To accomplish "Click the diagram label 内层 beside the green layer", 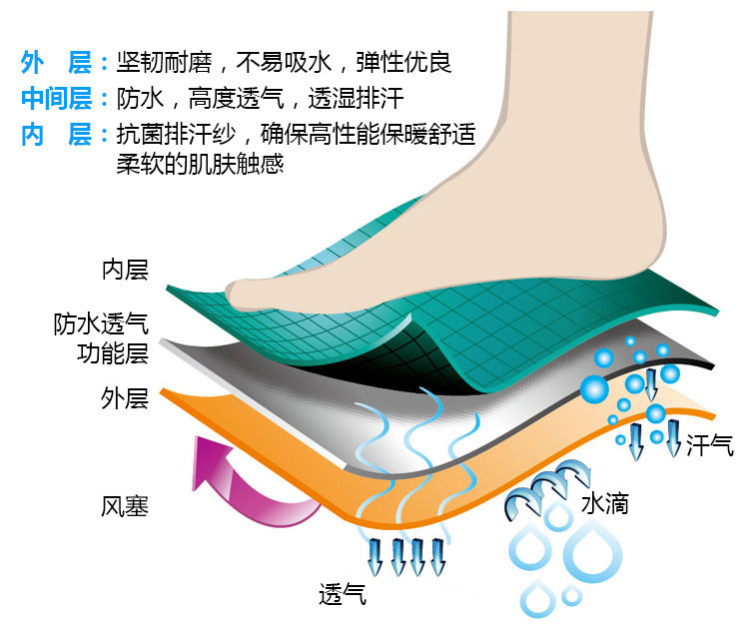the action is pyautogui.click(x=125, y=270).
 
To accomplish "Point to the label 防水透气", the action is pyautogui.click(x=101, y=324).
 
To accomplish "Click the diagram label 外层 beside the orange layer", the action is pyautogui.click(x=125, y=398).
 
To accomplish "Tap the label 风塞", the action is pyautogui.click(x=125, y=506).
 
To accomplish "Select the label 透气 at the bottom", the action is pyautogui.click(x=343, y=594).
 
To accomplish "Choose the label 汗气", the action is pyautogui.click(x=710, y=445).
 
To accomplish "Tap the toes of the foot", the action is pyautogui.click(x=250, y=291).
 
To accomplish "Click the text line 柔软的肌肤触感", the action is pyautogui.click(x=201, y=164).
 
